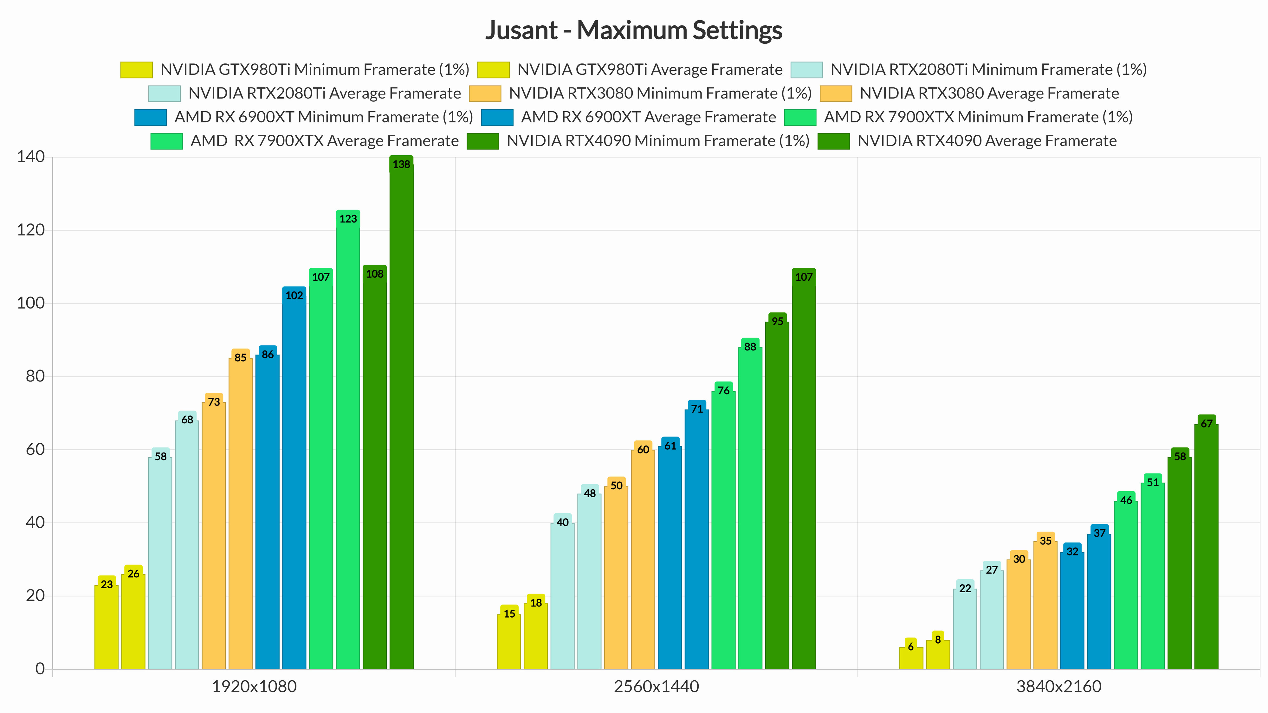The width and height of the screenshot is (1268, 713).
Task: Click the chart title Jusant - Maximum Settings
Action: [x=633, y=30]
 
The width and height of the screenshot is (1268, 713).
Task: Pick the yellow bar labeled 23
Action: [x=106, y=627]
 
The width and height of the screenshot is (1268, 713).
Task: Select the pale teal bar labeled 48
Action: [x=589, y=581]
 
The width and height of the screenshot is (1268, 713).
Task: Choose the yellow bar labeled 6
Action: [x=911, y=658]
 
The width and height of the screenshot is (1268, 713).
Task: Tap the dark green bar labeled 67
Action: [x=1206, y=546]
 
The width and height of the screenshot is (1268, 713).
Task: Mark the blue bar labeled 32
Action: [x=1072, y=610]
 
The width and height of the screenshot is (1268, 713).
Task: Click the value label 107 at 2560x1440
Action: [x=804, y=277]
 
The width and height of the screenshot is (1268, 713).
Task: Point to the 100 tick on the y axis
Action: [x=30, y=303]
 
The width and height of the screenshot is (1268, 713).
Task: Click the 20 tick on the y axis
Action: [x=35, y=596]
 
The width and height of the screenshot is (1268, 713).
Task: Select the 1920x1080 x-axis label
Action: [x=254, y=686]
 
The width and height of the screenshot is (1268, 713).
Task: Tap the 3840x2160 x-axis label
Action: [x=1059, y=686]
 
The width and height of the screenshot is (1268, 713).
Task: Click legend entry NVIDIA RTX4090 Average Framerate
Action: [x=987, y=141]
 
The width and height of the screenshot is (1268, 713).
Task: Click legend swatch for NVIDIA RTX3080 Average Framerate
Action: [x=835, y=93]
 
